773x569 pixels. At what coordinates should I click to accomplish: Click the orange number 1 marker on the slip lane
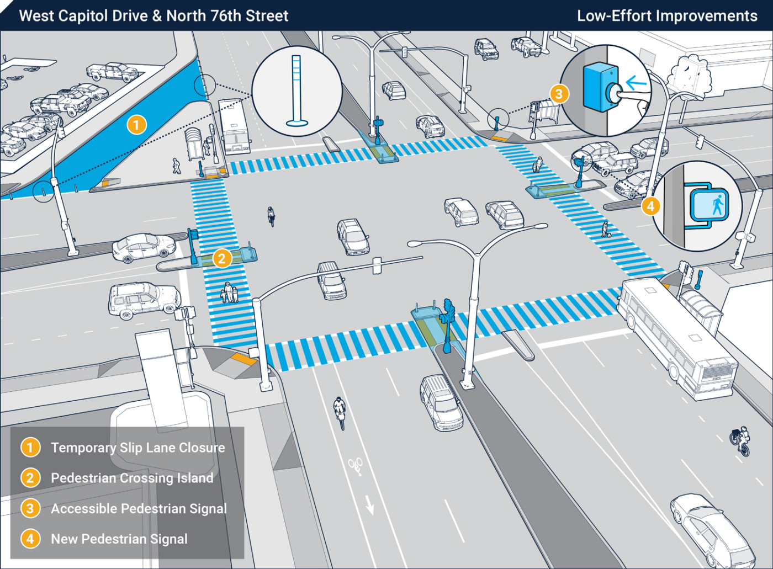click(x=136, y=125)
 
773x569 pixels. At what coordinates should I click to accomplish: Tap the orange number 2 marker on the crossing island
click(x=222, y=258)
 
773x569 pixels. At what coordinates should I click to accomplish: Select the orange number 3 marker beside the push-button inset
click(x=559, y=94)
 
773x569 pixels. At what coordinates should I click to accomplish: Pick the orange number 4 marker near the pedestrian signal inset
click(x=650, y=206)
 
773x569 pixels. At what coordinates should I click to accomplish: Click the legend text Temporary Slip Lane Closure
click(x=137, y=448)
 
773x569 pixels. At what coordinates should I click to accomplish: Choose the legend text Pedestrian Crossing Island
click(x=132, y=478)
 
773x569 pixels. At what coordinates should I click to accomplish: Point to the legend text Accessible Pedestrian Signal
click(x=139, y=508)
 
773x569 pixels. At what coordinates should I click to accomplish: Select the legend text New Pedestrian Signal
click(x=119, y=539)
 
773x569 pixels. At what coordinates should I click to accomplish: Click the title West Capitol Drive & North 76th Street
click(x=153, y=15)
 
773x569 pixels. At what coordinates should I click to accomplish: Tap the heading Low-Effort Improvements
click(x=667, y=15)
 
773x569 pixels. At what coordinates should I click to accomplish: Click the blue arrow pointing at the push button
click(x=636, y=83)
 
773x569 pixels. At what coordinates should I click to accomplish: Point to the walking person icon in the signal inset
click(x=717, y=205)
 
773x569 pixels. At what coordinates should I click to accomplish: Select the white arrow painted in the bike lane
click(x=369, y=504)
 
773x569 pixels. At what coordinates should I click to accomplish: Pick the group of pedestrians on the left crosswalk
click(x=230, y=292)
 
